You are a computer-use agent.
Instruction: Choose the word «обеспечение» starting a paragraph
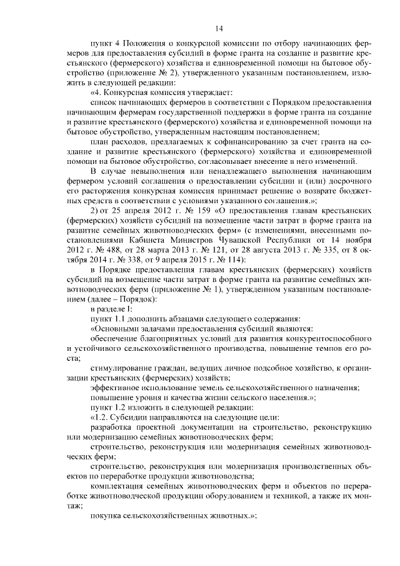[114, 341]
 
